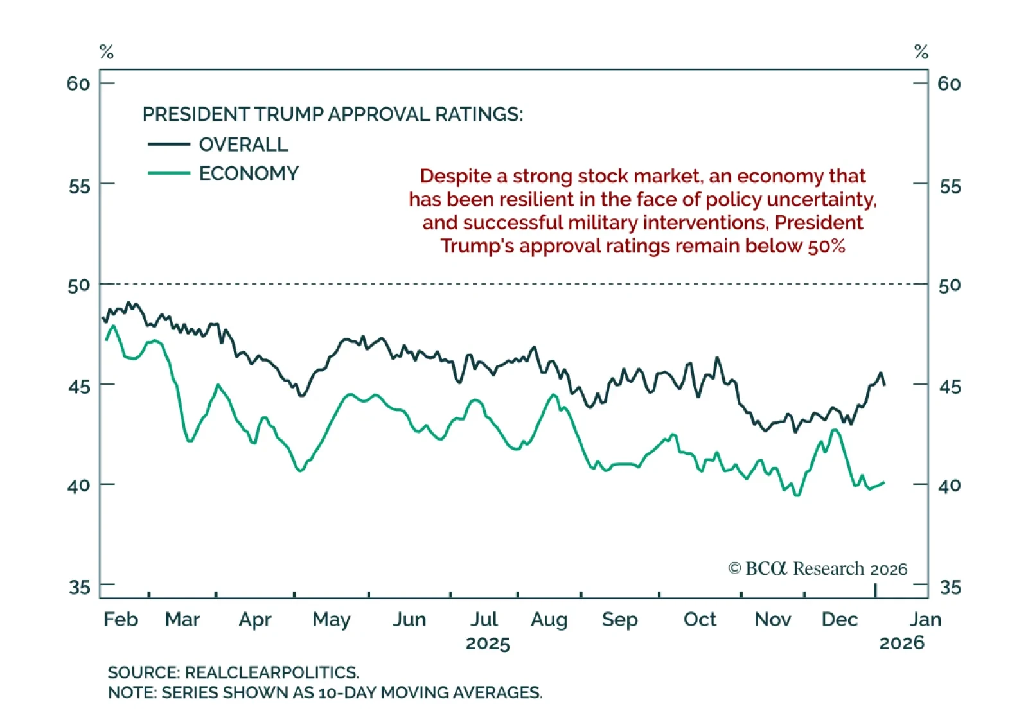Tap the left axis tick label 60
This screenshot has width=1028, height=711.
click(x=78, y=83)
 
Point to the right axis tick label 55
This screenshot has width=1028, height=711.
click(x=950, y=186)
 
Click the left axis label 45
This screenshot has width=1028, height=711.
click(x=79, y=387)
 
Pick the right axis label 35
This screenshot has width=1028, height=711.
click(x=950, y=587)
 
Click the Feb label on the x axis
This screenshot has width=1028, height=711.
click(x=121, y=619)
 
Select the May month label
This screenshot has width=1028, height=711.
click(x=331, y=620)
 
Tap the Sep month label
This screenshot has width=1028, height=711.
click(x=619, y=620)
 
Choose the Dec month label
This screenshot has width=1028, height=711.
click(x=840, y=619)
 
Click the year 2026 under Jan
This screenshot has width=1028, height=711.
click(x=901, y=643)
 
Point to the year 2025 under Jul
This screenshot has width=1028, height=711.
click(x=488, y=644)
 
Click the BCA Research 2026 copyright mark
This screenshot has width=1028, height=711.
click(x=817, y=568)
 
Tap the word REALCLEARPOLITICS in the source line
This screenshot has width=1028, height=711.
click(x=271, y=672)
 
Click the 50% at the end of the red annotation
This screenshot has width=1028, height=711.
click(x=826, y=246)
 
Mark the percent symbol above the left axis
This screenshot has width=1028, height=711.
click(x=107, y=52)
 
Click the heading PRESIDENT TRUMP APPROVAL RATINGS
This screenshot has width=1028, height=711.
click(x=332, y=114)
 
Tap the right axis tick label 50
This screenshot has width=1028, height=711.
click(x=950, y=285)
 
